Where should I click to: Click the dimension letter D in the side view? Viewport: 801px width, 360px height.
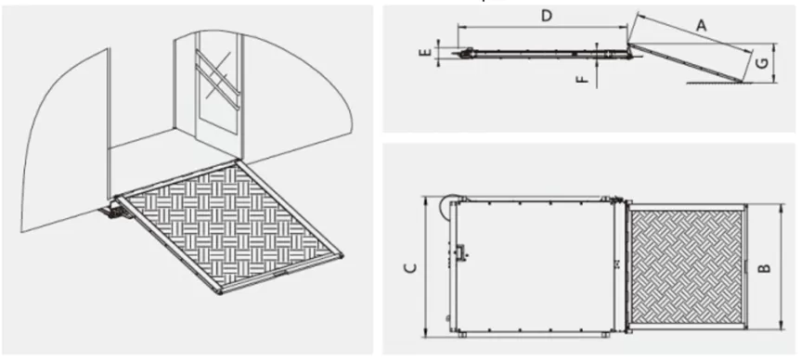point(547,16)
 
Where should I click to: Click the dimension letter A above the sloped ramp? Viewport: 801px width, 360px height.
point(702,24)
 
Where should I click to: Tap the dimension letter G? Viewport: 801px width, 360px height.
point(761,63)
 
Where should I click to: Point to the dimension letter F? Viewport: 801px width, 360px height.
point(585,79)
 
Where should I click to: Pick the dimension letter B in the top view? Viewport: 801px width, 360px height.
point(764,267)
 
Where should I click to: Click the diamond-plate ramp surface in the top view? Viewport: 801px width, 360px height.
point(687,267)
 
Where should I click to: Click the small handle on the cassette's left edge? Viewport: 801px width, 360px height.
point(462,251)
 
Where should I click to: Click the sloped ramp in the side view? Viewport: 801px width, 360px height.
point(686,63)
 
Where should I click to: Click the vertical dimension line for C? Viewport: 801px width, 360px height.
point(425,267)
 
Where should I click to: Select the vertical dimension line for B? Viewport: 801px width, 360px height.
point(781,267)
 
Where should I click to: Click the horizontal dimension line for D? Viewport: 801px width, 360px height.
point(543,26)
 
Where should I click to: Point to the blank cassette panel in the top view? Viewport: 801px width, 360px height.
point(534,266)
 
